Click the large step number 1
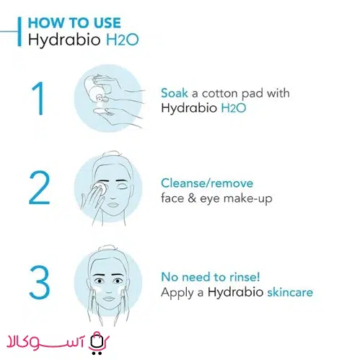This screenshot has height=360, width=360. [38, 98]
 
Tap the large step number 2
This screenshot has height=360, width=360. [39, 188]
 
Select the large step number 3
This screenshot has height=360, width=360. [40, 282]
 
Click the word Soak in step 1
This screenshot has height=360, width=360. [175, 93]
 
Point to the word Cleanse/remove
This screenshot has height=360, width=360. [207, 183]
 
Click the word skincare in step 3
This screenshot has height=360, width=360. [290, 292]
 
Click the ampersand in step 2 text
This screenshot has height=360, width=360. [192, 198]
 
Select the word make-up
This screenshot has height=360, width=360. [247, 199]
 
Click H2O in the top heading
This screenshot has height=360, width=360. [123, 40]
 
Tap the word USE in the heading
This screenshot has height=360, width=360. [107, 23]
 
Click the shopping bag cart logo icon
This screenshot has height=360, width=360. [97, 343]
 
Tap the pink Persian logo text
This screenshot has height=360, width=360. [45, 341]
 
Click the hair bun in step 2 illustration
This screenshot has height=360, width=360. [113, 154]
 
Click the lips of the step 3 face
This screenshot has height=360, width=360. [108, 299]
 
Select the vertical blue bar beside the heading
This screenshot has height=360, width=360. [19, 31]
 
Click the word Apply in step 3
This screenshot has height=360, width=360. [177, 293]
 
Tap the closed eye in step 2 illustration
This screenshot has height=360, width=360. [121, 187]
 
